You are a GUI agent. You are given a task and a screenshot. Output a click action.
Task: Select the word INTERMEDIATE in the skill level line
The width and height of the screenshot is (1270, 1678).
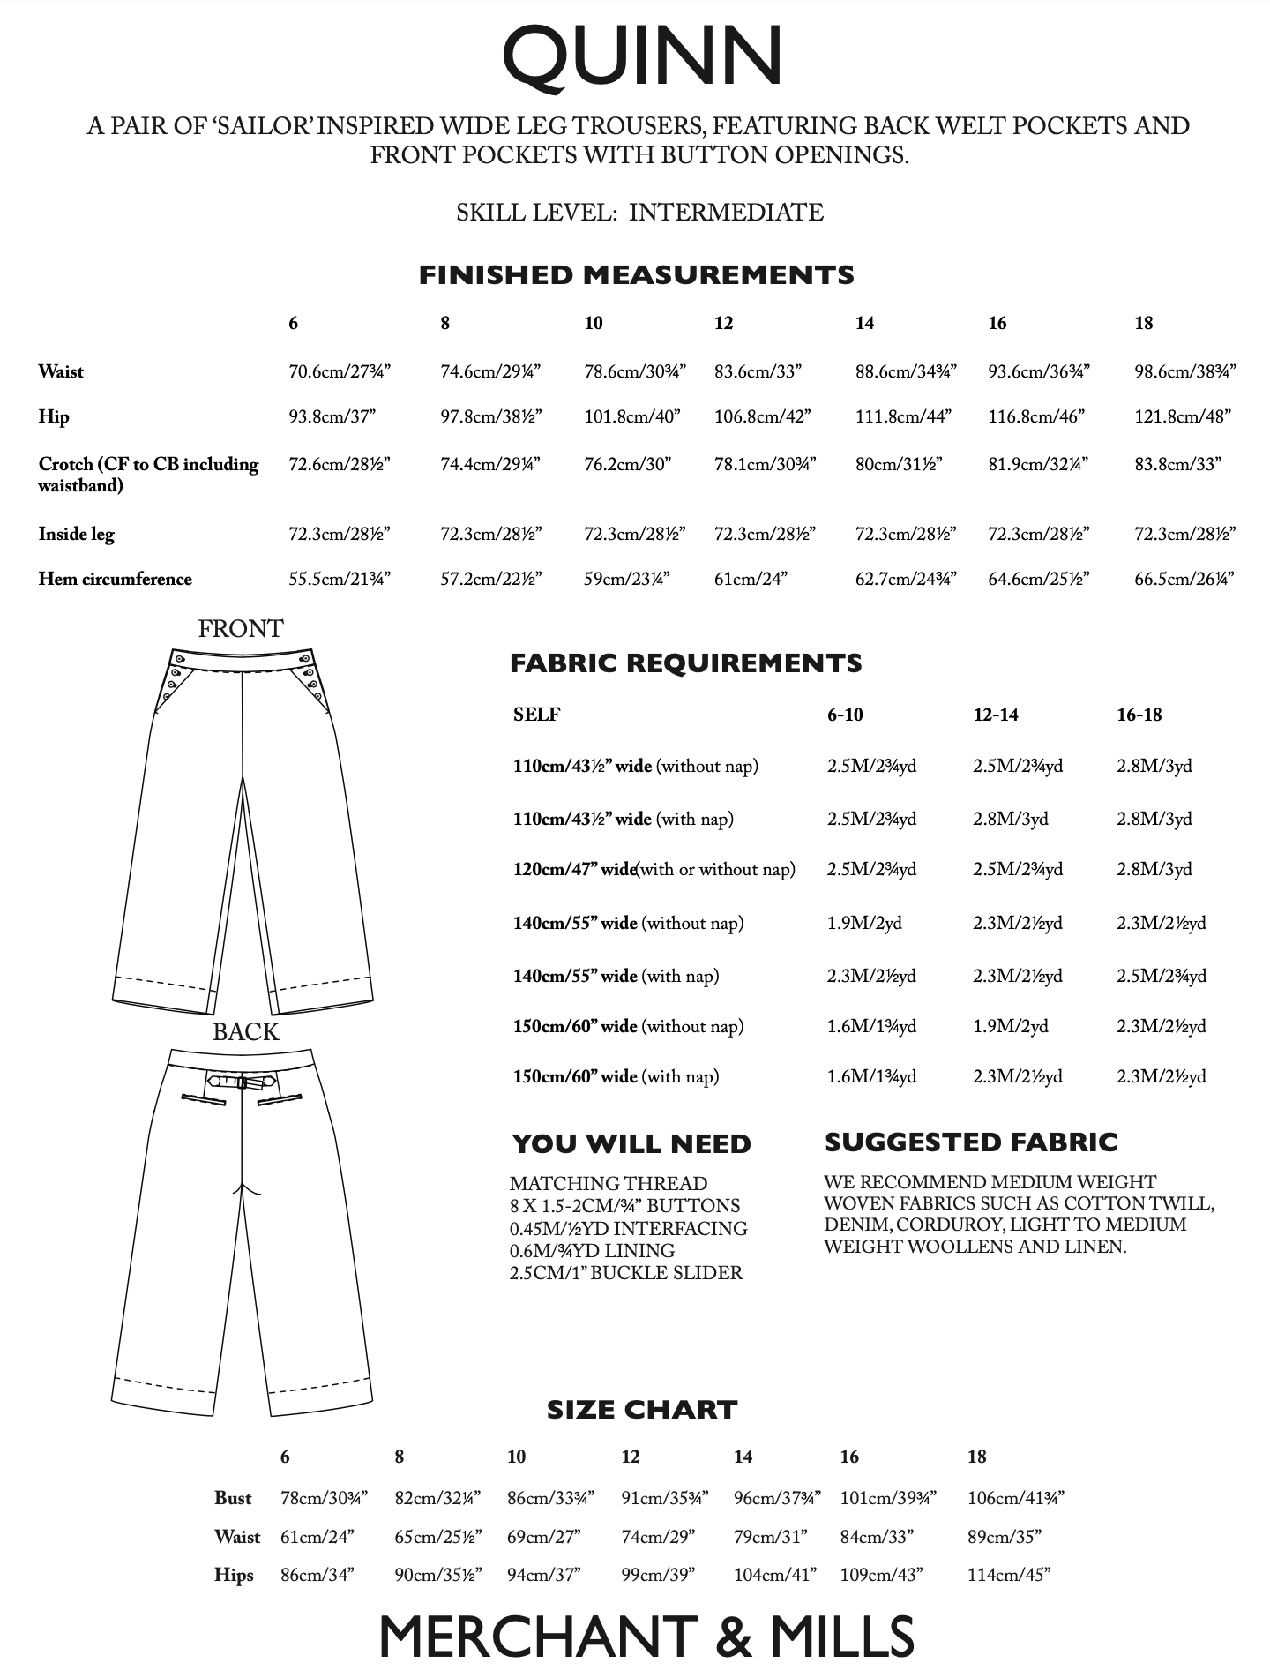[726, 213]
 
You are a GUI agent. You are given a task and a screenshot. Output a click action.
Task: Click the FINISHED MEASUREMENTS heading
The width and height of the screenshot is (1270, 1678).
[636, 275]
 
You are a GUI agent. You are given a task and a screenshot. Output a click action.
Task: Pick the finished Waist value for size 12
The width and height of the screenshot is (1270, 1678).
[758, 371]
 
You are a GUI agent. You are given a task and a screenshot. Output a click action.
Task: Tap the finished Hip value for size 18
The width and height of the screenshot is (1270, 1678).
[1182, 416]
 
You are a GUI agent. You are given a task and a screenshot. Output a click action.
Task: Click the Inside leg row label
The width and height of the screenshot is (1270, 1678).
[76, 534]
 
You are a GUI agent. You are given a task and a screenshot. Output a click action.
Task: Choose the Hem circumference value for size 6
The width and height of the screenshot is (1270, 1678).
[340, 579]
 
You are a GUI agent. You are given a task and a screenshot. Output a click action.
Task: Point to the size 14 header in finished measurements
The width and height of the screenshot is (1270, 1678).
[864, 323]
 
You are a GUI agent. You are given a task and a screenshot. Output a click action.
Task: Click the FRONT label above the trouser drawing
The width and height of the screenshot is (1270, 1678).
[241, 629]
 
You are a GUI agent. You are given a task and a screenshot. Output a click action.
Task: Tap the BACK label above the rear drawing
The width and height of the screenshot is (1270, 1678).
[245, 1032]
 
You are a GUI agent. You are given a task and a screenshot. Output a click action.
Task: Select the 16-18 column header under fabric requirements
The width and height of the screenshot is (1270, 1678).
[1139, 715]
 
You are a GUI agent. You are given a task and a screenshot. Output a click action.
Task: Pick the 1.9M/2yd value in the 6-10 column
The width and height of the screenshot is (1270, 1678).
[864, 923]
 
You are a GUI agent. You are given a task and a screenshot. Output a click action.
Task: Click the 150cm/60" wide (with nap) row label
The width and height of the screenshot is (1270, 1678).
[616, 1076]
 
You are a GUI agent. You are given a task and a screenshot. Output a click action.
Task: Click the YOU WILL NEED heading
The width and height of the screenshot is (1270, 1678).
[631, 1143]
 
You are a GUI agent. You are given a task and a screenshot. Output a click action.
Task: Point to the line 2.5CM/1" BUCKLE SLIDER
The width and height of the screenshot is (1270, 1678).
[625, 1273]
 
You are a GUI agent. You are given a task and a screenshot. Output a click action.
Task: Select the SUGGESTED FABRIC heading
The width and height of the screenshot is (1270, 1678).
[971, 1142]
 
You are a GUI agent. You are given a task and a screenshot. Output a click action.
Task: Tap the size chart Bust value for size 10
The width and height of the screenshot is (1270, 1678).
[550, 1498]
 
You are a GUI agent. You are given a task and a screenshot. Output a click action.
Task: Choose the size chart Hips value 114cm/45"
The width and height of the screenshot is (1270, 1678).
[1008, 1575]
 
